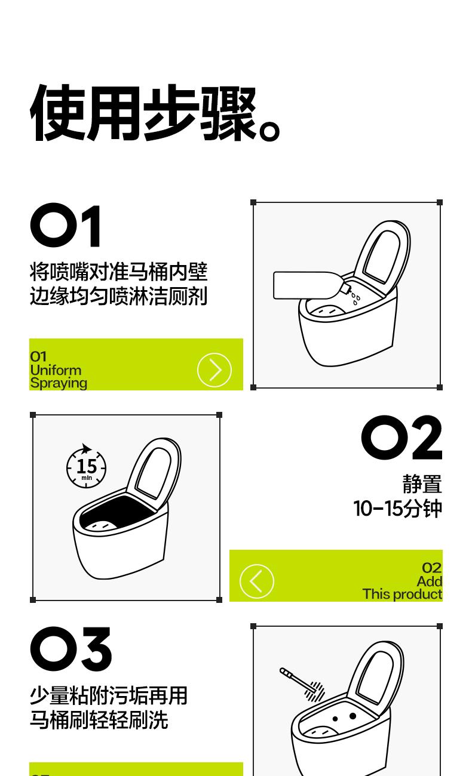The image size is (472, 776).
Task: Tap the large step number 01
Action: (x=66, y=225)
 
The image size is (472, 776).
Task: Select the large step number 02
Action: (x=401, y=438)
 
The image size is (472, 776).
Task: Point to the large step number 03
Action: (x=71, y=649)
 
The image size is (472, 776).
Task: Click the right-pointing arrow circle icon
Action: (x=214, y=369)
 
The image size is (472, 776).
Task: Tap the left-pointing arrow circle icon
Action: (x=257, y=581)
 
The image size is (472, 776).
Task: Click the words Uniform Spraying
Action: (x=59, y=377)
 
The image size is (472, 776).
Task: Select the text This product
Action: (x=402, y=594)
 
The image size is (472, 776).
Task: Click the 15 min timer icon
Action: (x=87, y=466)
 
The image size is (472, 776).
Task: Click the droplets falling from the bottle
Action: (x=355, y=298)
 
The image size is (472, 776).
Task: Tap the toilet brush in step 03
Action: (x=302, y=680)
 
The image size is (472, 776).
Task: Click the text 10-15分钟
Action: (x=398, y=509)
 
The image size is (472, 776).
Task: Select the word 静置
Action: (x=422, y=484)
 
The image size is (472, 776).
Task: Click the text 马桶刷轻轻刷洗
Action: (x=99, y=720)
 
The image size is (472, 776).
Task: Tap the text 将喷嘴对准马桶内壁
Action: (x=119, y=272)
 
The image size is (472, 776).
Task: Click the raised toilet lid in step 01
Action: (x=382, y=256)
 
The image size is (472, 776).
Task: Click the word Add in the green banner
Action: (x=430, y=581)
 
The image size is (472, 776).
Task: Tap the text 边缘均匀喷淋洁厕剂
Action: (x=119, y=296)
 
